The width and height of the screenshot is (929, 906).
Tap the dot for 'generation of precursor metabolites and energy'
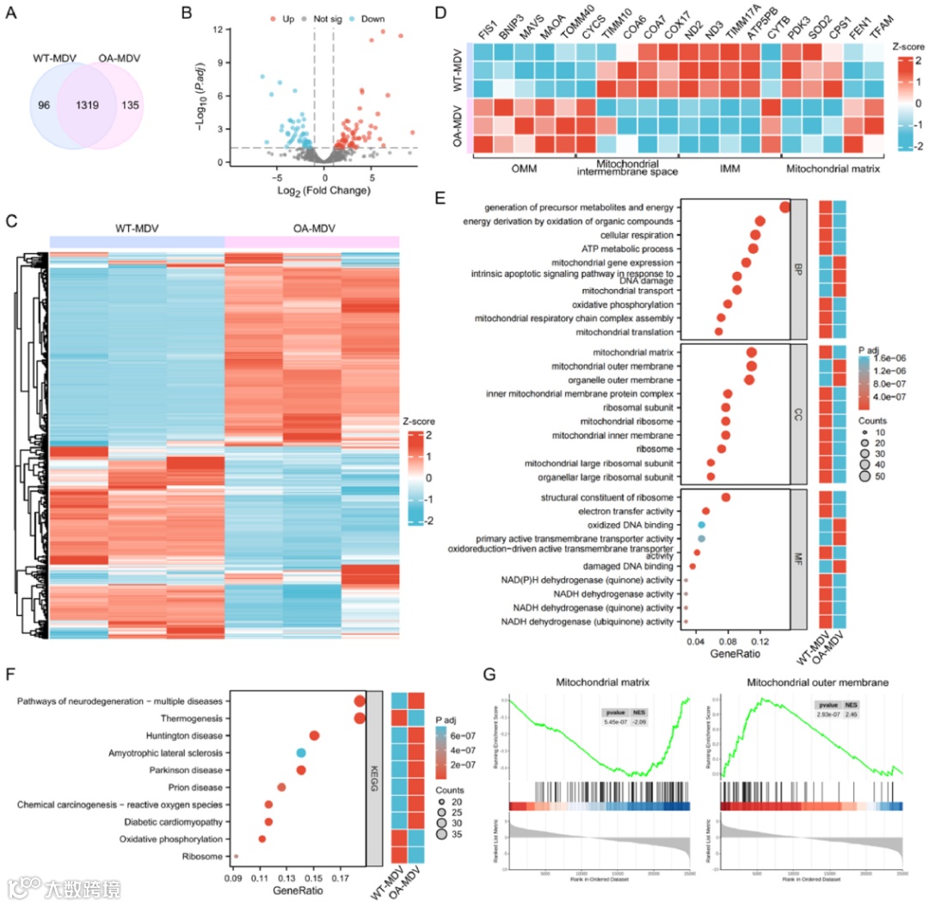click(x=784, y=207)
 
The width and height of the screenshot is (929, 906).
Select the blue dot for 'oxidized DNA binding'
click(x=702, y=525)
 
